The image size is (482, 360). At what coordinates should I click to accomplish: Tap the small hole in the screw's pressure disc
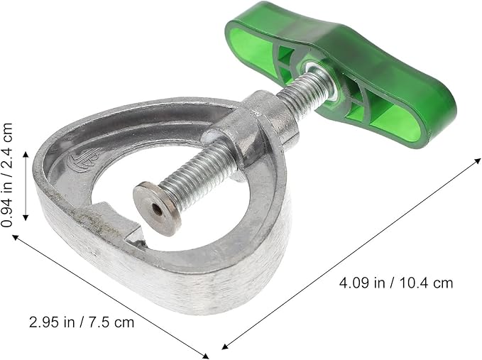tap(157, 210)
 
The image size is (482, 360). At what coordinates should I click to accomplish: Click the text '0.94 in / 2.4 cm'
tap(7, 175)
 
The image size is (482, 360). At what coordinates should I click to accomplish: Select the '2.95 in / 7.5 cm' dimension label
tap(82, 322)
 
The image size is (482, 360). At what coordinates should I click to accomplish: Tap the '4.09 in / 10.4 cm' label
tap(396, 283)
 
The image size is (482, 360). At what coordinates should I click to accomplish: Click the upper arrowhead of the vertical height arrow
tap(26, 154)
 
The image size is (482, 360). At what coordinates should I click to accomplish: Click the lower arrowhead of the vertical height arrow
tap(26, 218)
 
